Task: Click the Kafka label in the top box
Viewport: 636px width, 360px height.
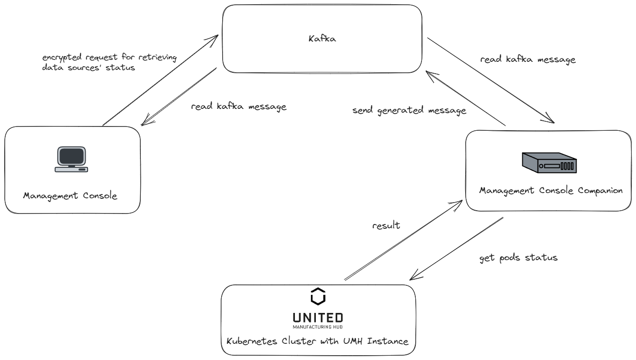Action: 322,39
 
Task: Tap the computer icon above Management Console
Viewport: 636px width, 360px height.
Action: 71,159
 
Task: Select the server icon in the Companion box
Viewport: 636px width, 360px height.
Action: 549,163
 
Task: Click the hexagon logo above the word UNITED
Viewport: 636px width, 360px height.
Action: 318,296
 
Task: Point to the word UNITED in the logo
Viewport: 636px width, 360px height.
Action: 318,317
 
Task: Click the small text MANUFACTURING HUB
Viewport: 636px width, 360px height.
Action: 318,327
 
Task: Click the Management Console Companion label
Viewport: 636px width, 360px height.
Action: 550,191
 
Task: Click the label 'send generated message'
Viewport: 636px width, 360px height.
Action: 409,110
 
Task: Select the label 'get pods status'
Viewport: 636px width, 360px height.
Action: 518,258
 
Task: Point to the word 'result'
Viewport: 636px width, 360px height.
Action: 386,225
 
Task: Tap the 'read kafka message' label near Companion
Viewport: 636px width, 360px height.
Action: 528,60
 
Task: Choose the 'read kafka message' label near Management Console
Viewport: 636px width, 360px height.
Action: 239,107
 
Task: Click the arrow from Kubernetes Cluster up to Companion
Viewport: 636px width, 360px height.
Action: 403,240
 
